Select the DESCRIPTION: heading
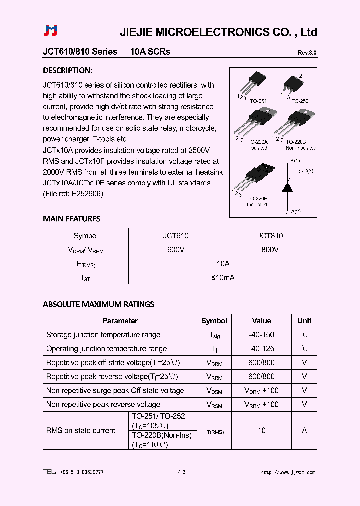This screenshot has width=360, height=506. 67,70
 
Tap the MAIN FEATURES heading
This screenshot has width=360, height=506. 71,218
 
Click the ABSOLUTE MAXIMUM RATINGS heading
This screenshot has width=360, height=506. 98,304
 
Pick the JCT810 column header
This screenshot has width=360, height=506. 270,236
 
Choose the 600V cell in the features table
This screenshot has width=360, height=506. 175,250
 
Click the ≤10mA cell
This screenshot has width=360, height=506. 222,278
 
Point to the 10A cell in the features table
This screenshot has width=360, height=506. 222,264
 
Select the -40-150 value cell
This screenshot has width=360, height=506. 261,335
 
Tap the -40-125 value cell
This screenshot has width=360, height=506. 261,349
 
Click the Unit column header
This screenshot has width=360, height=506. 304,321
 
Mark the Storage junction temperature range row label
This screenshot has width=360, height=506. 103,335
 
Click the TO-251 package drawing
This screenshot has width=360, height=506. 253,83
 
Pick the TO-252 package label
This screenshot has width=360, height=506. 300,101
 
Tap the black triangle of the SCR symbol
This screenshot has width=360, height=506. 288,187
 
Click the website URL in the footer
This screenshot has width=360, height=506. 288,472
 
